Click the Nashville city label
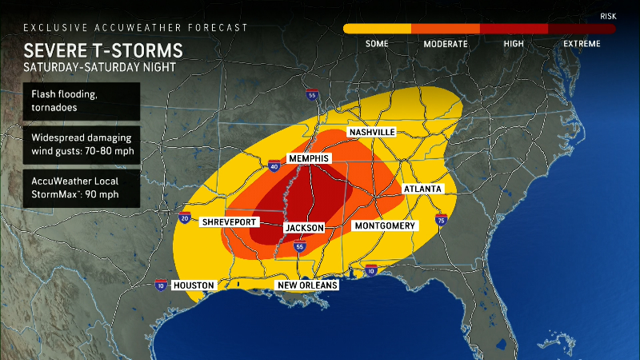pos(371,131)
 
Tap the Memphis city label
pos(309,159)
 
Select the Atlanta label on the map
pos(422,189)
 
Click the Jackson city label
pos(306,228)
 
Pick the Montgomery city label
pos(385,226)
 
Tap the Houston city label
pos(194,285)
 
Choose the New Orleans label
pos(307,285)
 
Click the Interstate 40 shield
pos(274,166)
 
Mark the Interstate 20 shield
pos(185,218)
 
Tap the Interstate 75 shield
pos(441,218)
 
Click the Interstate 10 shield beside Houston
pos(161,285)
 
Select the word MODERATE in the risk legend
pos(446,43)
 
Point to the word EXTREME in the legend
pos(581,43)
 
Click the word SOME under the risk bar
pos(377,43)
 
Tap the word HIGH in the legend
pos(514,43)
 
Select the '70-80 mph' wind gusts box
pos(82,145)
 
